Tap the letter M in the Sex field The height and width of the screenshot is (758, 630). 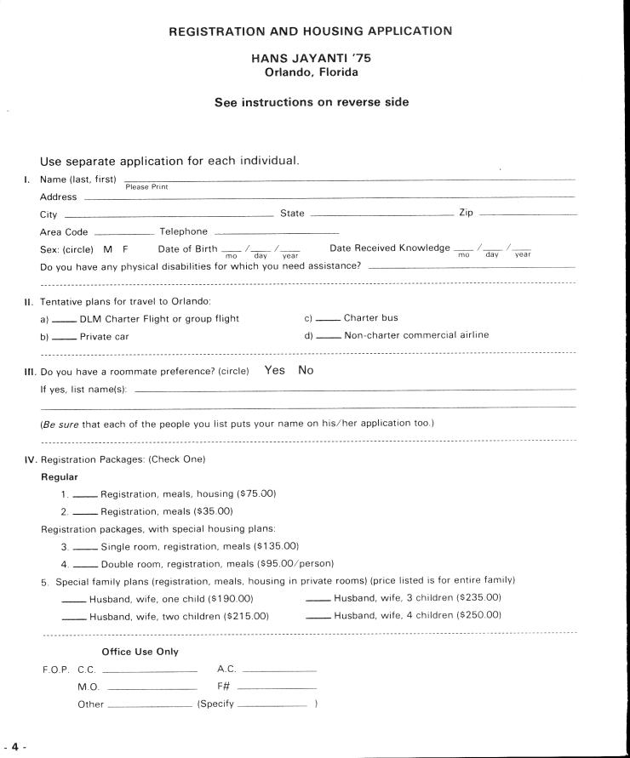pos(108,248)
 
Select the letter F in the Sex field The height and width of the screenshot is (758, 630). pos(126,248)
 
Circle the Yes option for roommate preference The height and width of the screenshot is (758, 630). pos(275,370)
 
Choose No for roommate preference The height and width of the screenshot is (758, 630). pos(306,370)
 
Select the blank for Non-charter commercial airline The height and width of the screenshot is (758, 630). pos(329,337)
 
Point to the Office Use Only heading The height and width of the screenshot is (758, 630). pos(140,652)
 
